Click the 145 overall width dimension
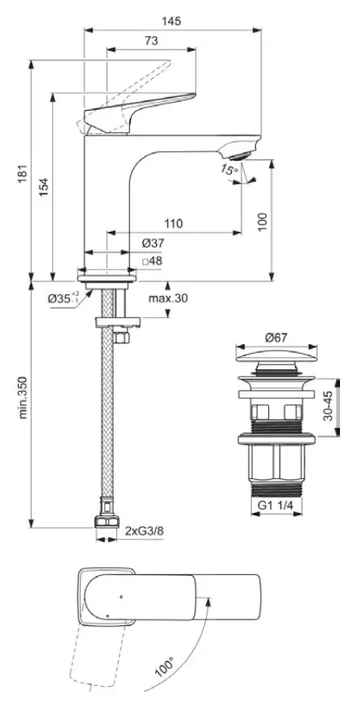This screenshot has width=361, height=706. pos(173,21)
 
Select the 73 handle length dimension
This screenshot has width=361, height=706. pos(152,40)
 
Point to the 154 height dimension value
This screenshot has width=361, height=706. pos(44,187)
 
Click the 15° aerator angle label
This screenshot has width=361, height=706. pos(229,170)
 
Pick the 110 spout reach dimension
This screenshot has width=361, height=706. pos(174,223)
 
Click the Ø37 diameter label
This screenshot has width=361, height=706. pos(153,244)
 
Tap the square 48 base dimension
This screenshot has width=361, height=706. pos(152,261)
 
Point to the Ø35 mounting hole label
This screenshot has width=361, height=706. pos(63,298)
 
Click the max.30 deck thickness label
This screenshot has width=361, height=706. pos(168,297)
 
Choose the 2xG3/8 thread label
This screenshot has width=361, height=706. pos(144,532)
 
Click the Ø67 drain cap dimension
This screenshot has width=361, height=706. pos(276,337)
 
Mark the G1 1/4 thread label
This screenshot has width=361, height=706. pos(275,505)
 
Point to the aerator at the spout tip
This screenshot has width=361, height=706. pos(238,157)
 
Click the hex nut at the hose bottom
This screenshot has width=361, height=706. pos(107,523)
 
